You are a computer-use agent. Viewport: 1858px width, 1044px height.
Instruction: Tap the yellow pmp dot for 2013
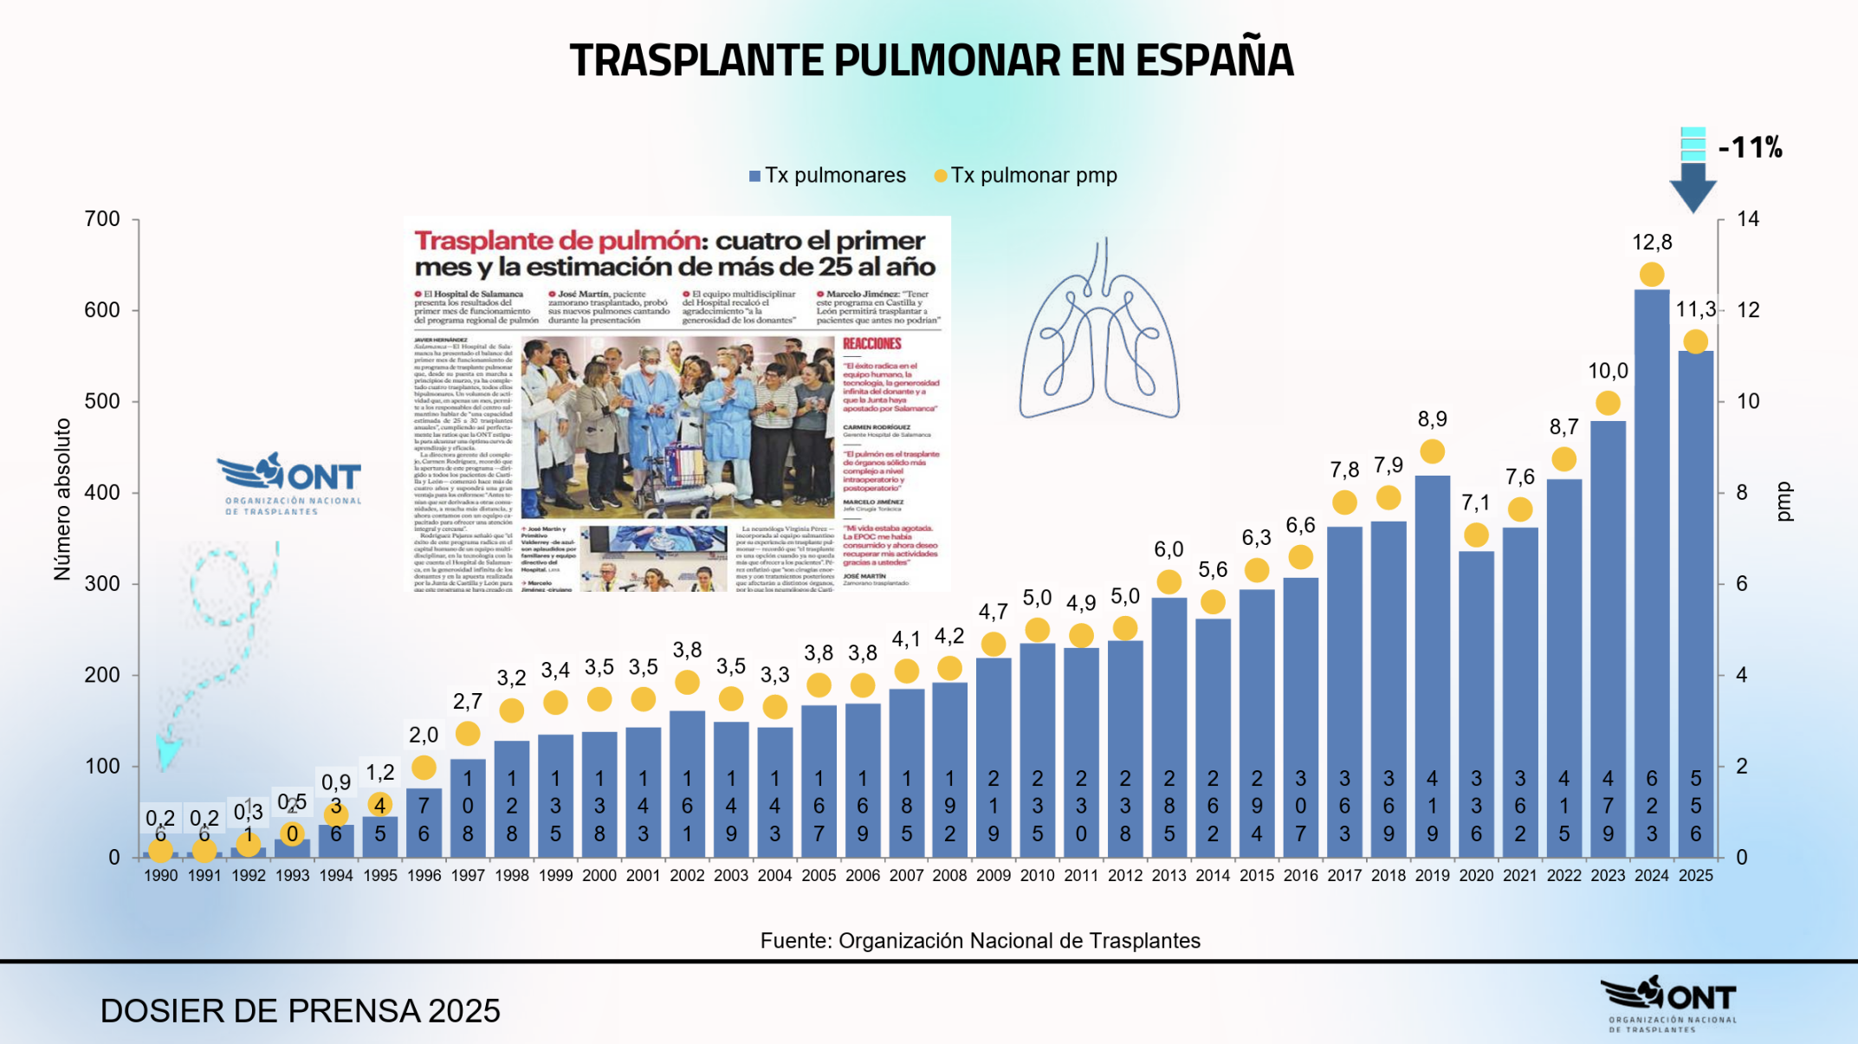(1169, 581)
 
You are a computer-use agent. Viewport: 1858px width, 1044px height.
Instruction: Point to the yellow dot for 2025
(1695, 341)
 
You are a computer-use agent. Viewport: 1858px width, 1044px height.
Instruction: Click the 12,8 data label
(1651, 243)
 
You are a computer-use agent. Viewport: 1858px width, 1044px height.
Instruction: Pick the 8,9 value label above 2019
(1432, 419)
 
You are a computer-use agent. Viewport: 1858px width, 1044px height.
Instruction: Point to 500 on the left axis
(102, 402)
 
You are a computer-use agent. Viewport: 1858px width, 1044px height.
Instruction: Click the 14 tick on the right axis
(1748, 219)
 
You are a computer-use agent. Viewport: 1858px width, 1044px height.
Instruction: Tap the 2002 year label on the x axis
(687, 876)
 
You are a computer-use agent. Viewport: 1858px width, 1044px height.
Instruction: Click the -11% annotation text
(1750, 147)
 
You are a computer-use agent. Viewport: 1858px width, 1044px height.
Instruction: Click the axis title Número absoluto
(62, 499)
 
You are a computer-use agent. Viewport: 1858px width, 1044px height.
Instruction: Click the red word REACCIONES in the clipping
(871, 344)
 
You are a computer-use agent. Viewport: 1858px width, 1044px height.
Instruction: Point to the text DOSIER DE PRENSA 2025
(300, 1011)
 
